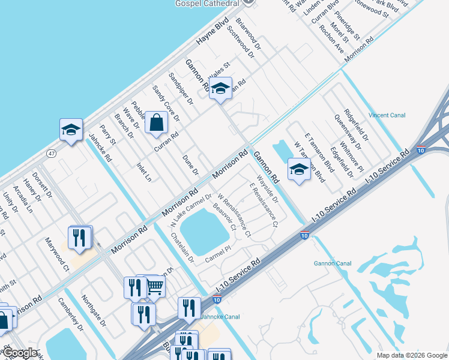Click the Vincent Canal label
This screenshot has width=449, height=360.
point(387,115)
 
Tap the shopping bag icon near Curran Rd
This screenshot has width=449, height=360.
point(156,123)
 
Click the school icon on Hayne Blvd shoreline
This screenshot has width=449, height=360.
point(71,130)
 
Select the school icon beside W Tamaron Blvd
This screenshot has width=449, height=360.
point(299,170)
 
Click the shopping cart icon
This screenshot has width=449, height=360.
point(155,287)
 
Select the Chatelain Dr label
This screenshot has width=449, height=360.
point(182,249)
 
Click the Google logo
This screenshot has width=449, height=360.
point(20,353)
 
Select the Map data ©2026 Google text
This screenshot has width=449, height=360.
point(411,355)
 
